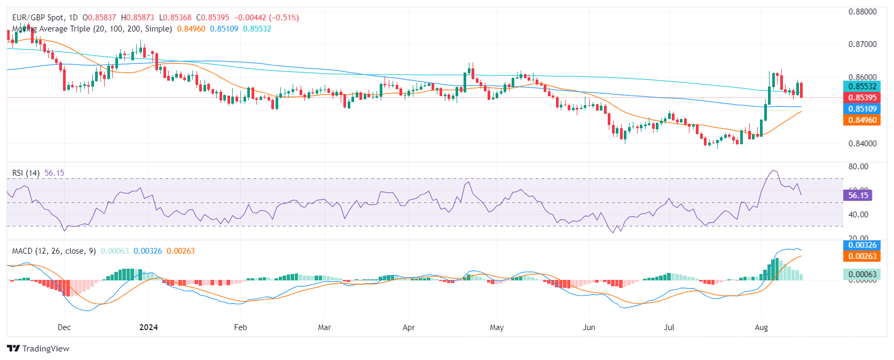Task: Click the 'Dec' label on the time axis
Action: tap(64, 327)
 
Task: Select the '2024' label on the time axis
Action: tap(148, 327)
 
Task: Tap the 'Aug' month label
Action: tap(761, 327)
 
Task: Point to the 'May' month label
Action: tap(497, 327)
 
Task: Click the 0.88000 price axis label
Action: tap(862, 12)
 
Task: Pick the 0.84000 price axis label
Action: tap(862, 143)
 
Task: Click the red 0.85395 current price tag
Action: tap(862, 98)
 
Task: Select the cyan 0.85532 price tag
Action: tap(862, 87)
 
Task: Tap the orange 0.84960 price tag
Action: tap(862, 120)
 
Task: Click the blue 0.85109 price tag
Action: tap(862, 109)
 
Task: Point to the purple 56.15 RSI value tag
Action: tap(858, 195)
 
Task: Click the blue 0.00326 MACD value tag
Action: tap(862, 245)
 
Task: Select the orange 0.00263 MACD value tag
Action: tap(862, 256)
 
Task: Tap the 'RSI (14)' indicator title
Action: tap(26, 173)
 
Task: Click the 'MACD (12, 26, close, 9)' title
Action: tap(54, 251)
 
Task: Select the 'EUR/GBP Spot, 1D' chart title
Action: tap(45, 18)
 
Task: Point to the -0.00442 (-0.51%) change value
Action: tap(266, 18)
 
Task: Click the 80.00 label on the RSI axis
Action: tap(858, 167)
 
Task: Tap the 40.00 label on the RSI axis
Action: tap(858, 215)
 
